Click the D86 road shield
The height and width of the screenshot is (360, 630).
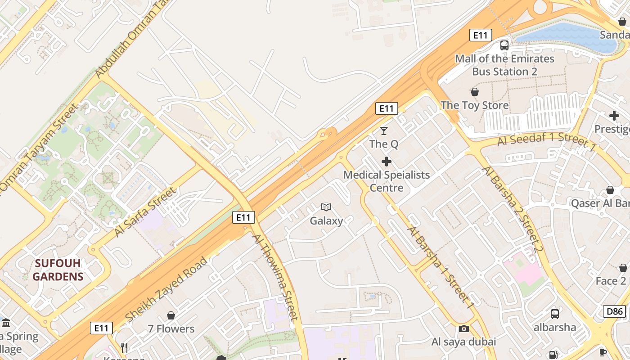pyautogui.click(x=615, y=311)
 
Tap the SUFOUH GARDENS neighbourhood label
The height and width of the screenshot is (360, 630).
pyautogui.click(x=58, y=270)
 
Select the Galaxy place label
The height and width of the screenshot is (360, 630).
pyautogui.click(x=326, y=221)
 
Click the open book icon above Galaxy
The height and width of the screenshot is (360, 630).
pyautogui.click(x=326, y=207)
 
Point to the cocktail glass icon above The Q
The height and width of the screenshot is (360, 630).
pyautogui.click(x=384, y=131)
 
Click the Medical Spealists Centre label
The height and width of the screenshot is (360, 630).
pyautogui.click(x=387, y=181)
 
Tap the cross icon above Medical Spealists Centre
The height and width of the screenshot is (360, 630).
pyautogui.click(x=387, y=162)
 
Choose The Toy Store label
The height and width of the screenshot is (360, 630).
pyautogui.click(x=475, y=105)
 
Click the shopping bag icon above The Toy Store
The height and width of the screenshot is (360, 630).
pyautogui.click(x=475, y=92)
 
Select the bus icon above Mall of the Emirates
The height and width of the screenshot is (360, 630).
pyautogui.click(x=504, y=45)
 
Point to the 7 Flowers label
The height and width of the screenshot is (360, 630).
pyautogui.click(x=171, y=329)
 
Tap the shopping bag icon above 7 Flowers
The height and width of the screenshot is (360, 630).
pyautogui.click(x=171, y=315)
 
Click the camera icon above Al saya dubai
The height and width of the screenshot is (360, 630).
pyautogui.click(x=464, y=328)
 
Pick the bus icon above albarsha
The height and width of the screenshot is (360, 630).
pyautogui.click(x=555, y=314)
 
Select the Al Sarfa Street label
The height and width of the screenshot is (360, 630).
pyautogui.click(x=145, y=211)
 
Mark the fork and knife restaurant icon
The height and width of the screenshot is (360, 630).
pyautogui.click(x=125, y=347)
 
